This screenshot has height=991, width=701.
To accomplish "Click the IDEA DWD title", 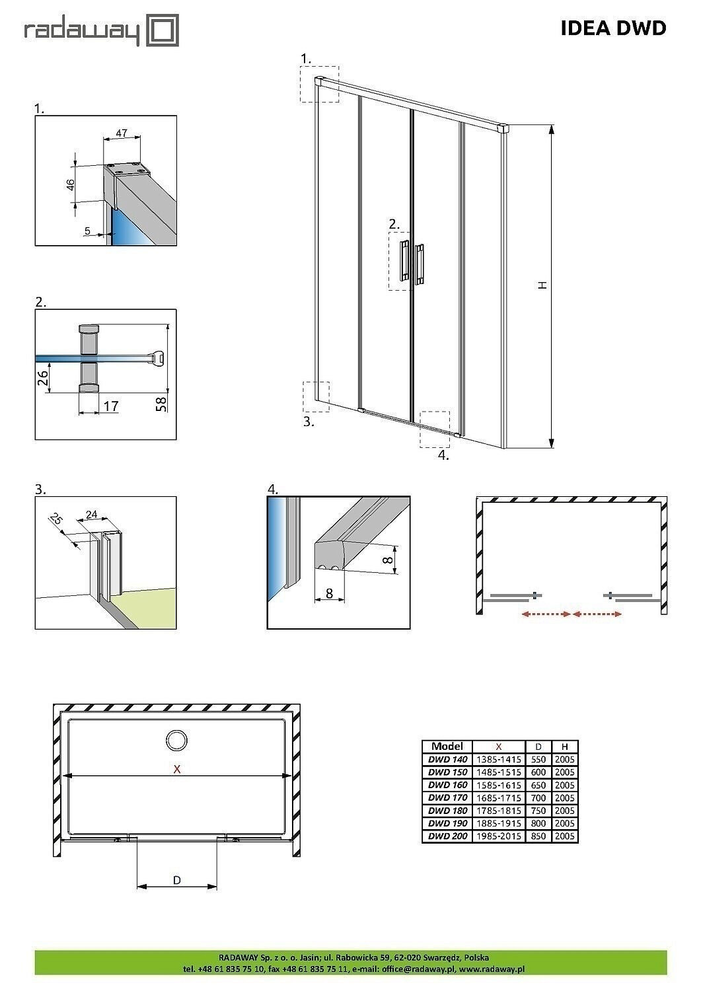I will (613, 28).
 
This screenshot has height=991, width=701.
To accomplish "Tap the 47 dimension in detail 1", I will (122, 133).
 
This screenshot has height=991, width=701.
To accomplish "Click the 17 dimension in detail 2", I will (111, 406).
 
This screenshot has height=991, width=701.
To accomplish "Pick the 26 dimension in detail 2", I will (42, 378).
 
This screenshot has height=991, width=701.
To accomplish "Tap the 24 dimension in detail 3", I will (92, 514).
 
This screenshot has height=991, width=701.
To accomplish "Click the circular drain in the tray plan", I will (176, 741).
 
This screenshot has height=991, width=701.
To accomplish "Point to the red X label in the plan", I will (177, 769).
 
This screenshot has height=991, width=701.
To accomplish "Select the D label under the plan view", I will (177, 880).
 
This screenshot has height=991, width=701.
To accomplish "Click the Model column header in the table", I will (447, 747).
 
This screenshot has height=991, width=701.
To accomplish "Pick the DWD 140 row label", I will (447, 760).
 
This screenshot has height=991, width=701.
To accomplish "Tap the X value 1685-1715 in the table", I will (498, 798).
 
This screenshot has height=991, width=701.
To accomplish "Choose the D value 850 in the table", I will (538, 836).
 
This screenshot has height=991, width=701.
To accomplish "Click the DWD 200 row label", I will (447, 836).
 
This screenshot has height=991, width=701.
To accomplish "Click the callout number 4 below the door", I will (443, 455).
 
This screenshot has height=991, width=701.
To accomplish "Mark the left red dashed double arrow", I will (545, 614).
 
